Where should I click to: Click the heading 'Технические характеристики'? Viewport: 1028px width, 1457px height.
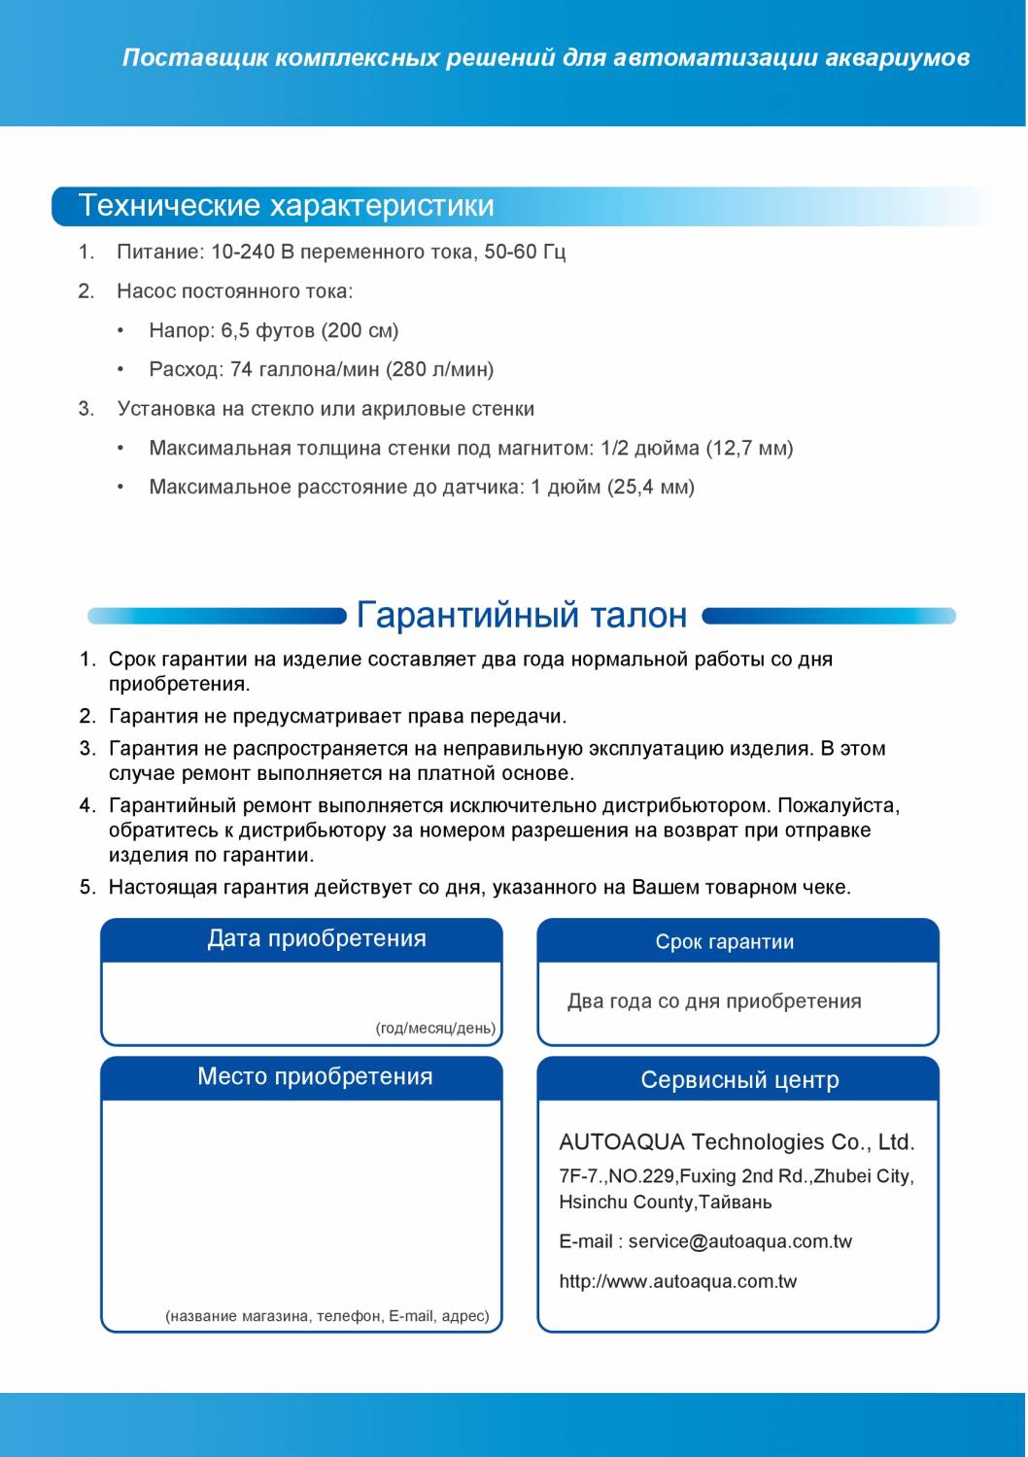point(286,206)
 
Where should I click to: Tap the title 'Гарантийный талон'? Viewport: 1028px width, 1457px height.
point(522,615)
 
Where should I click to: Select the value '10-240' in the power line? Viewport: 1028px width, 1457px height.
point(243,253)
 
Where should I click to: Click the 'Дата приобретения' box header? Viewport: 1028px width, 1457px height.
point(317,939)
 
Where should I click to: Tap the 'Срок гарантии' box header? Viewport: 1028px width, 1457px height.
point(725,942)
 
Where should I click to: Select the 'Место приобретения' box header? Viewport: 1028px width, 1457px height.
point(315,1077)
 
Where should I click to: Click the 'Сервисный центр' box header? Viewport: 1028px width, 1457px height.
point(739,1080)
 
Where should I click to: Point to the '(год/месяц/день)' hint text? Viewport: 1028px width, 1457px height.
point(435,1028)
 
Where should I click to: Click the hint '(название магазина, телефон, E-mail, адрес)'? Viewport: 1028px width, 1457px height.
point(327,1316)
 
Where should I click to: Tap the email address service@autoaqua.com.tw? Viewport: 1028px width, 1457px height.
point(739,1241)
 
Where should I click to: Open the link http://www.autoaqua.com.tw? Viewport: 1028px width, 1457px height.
point(677,1281)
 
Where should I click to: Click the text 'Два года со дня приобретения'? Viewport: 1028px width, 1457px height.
point(714,1001)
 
